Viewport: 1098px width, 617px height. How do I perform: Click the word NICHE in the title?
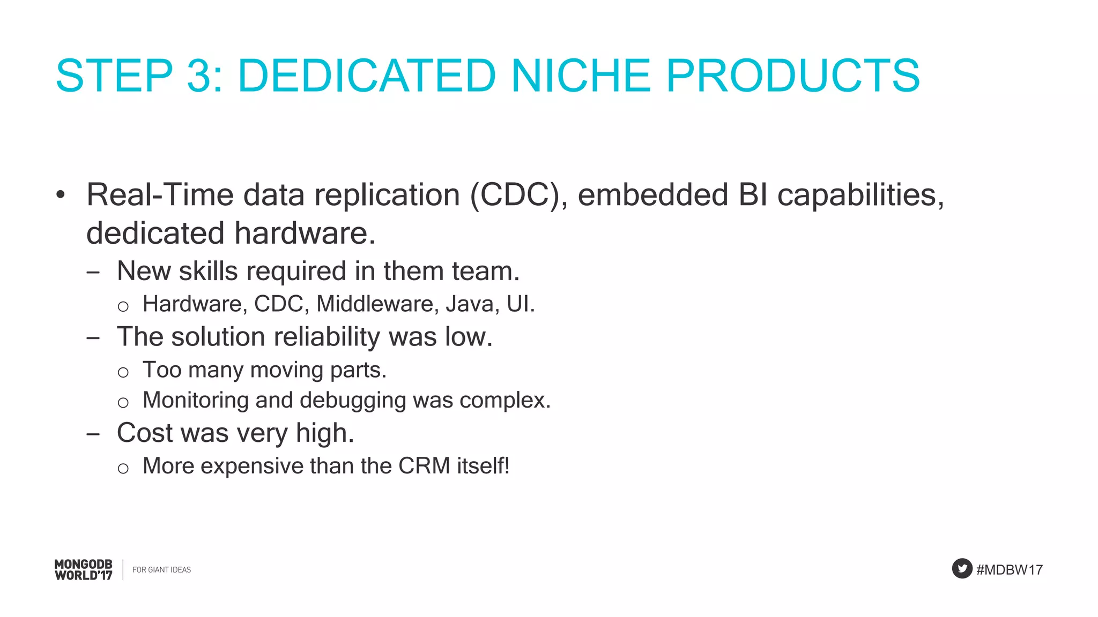[581, 76]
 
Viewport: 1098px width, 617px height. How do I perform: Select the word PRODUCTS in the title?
[793, 76]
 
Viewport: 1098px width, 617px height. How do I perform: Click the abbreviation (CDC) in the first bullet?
[518, 194]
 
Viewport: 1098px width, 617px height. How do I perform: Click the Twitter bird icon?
[962, 569]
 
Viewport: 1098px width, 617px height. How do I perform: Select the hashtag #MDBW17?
[1010, 570]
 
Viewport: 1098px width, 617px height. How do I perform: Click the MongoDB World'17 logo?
[84, 570]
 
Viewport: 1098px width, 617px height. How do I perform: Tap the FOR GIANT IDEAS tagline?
[161, 570]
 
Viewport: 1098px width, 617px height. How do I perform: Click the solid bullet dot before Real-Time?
[61, 195]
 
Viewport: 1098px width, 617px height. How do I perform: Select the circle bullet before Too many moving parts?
[123, 372]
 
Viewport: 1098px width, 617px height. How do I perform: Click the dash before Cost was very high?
[93, 434]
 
